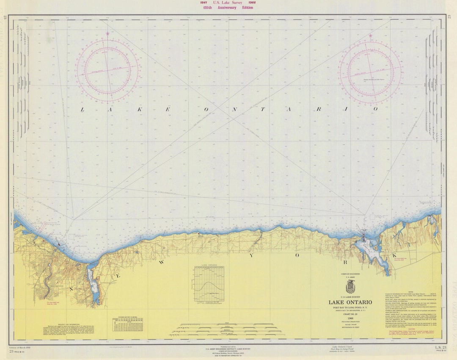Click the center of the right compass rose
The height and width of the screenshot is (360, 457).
pos(370,71)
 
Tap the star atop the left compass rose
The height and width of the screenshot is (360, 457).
pos(107,33)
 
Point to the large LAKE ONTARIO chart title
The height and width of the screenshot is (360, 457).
pos(350,302)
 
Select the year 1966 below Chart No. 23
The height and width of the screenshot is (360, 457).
pos(350,318)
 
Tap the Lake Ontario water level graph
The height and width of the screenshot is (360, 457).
pos(209,285)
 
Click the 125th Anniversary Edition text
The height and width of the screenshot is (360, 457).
pos(228,8)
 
